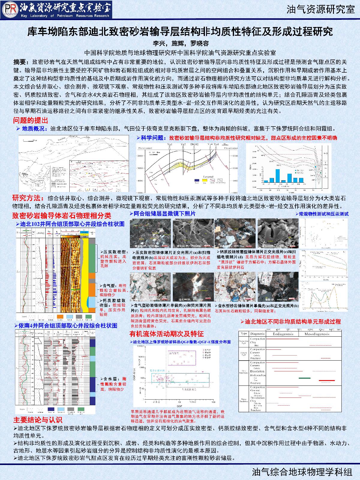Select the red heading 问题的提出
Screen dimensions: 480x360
(x=30, y=121)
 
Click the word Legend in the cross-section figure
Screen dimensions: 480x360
(x=208, y=177)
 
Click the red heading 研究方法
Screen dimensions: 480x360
(x=27, y=198)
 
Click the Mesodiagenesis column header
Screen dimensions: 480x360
(x=319, y=334)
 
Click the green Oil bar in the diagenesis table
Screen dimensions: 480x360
(x=305, y=378)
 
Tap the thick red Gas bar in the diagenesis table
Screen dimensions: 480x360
(x=327, y=380)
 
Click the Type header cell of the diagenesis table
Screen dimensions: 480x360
(x=244, y=334)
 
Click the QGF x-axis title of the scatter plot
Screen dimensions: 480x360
(x=179, y=405)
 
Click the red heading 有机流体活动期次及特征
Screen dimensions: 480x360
(x=166, y=334)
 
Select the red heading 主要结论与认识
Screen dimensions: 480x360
(x=37, y=420)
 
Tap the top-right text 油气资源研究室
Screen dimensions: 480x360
(x=320, y=10)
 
